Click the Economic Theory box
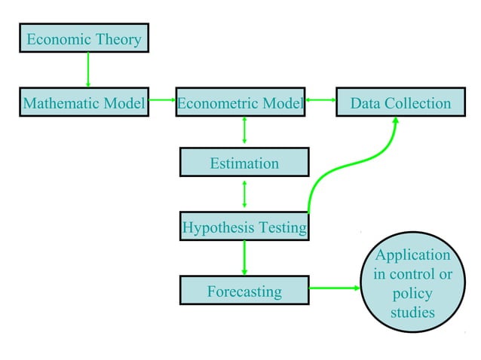84,38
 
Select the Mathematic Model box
84,103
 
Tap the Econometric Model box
240,103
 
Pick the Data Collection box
400,103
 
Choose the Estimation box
244,163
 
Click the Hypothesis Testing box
244,226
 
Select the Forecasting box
244,291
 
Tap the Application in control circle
412,282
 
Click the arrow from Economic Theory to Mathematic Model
88,70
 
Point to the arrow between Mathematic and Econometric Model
161,99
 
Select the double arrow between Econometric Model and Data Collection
320,99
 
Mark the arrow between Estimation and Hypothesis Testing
244,194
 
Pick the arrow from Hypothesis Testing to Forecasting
244,258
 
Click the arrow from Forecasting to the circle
335,288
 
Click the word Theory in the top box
118,39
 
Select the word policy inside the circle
412,293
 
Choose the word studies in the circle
412,312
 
